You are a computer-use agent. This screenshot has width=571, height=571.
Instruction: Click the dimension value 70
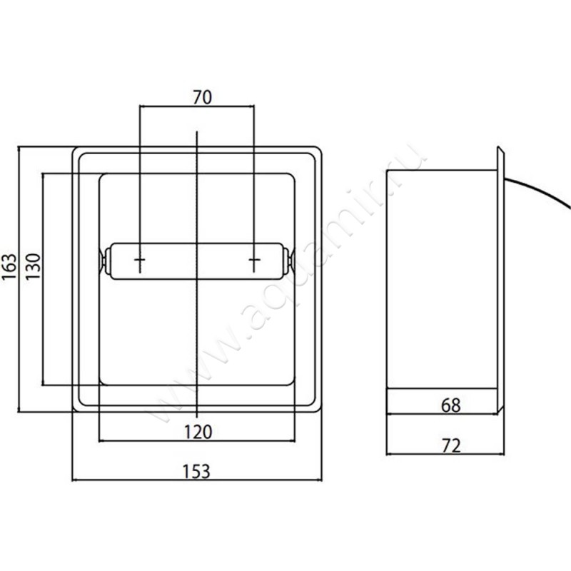[202, 97]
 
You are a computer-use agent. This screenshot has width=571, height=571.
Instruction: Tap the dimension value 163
[9, 266]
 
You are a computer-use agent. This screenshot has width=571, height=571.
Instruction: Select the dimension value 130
[33, 266]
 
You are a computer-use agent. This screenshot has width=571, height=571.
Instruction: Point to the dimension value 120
[198, 433]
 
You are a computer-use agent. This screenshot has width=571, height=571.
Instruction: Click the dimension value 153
[196, 472]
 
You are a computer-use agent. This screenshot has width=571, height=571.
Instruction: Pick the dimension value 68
[450, 405]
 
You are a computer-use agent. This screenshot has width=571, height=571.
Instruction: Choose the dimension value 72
[451, 445]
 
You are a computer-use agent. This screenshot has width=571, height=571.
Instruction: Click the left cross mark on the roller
[140, 260]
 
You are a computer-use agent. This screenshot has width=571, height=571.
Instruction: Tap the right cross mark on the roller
[254, 260]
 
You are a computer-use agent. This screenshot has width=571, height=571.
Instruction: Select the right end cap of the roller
[288, 261]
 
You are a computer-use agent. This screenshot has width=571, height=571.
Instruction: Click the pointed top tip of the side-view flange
[497, 146]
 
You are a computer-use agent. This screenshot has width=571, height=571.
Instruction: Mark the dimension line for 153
[197, 480]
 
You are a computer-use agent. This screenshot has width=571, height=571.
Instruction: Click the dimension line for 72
[445, 454]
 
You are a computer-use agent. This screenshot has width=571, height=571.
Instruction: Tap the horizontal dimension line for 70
[197, 106]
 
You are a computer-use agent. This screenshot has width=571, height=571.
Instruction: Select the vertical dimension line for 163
[19, 279]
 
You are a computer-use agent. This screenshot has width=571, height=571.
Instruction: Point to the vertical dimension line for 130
[43, 279]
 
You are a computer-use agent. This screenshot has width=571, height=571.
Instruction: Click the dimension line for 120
[197, 441]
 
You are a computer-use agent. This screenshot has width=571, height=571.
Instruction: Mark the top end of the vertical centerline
[197, 131]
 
